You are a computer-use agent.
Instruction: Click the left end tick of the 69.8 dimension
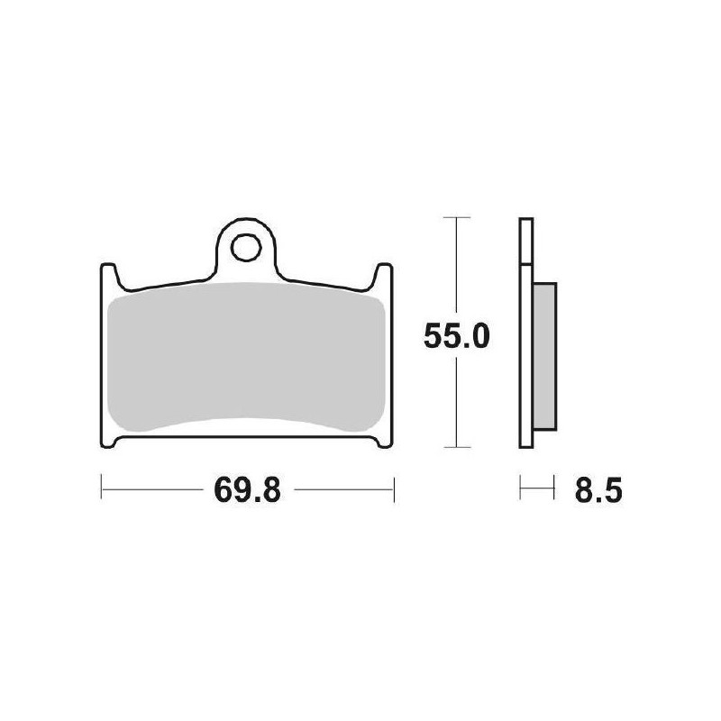click(x=100, y=490)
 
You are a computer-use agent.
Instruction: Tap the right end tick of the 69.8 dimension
click(x=395, y=490)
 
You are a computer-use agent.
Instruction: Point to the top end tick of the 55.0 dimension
click(x=458, y=218)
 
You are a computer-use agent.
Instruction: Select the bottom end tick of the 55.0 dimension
click(x=458, y=448)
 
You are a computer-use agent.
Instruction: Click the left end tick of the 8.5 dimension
click(x=520, y=490)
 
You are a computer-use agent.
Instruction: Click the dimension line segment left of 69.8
click(x=153, y=490)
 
